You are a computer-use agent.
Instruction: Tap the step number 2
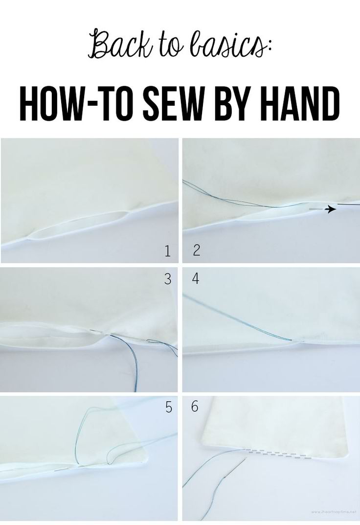pyautogui.click(x=197, y=251)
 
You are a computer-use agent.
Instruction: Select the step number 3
pyautogui.click(x=168, y=279)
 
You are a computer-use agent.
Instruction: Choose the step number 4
pyautogui.click(x=196, y=279)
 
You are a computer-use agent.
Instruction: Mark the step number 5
pyautogui.click(x=168, y=407)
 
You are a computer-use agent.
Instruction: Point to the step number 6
pyautogui.click(x=195, y=407)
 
